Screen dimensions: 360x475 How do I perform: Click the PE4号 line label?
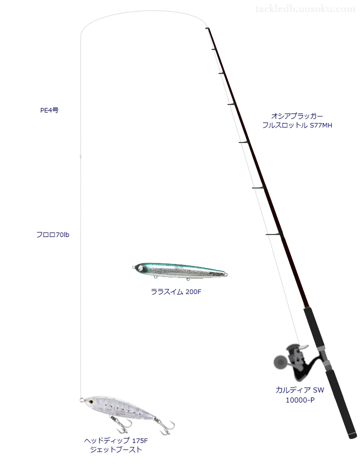[49, 110]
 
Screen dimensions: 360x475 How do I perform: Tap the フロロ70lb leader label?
[53, 235]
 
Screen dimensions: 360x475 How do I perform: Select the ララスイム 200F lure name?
[176, 291]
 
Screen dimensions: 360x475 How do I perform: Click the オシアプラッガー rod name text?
[297, 116]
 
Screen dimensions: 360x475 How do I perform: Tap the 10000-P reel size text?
[300, 400]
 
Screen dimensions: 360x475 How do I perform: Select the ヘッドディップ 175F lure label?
[116, 440]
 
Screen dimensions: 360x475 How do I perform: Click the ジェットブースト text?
[116, 449]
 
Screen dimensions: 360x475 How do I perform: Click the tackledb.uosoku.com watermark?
[305, 9]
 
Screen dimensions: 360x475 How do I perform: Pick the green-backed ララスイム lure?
[180, 270]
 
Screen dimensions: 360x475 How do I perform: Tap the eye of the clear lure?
[90, 401]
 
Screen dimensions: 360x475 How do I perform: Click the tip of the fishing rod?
[206, 28]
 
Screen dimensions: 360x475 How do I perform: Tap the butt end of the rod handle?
[352, 435]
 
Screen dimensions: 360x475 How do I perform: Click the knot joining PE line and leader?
[80, 156]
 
